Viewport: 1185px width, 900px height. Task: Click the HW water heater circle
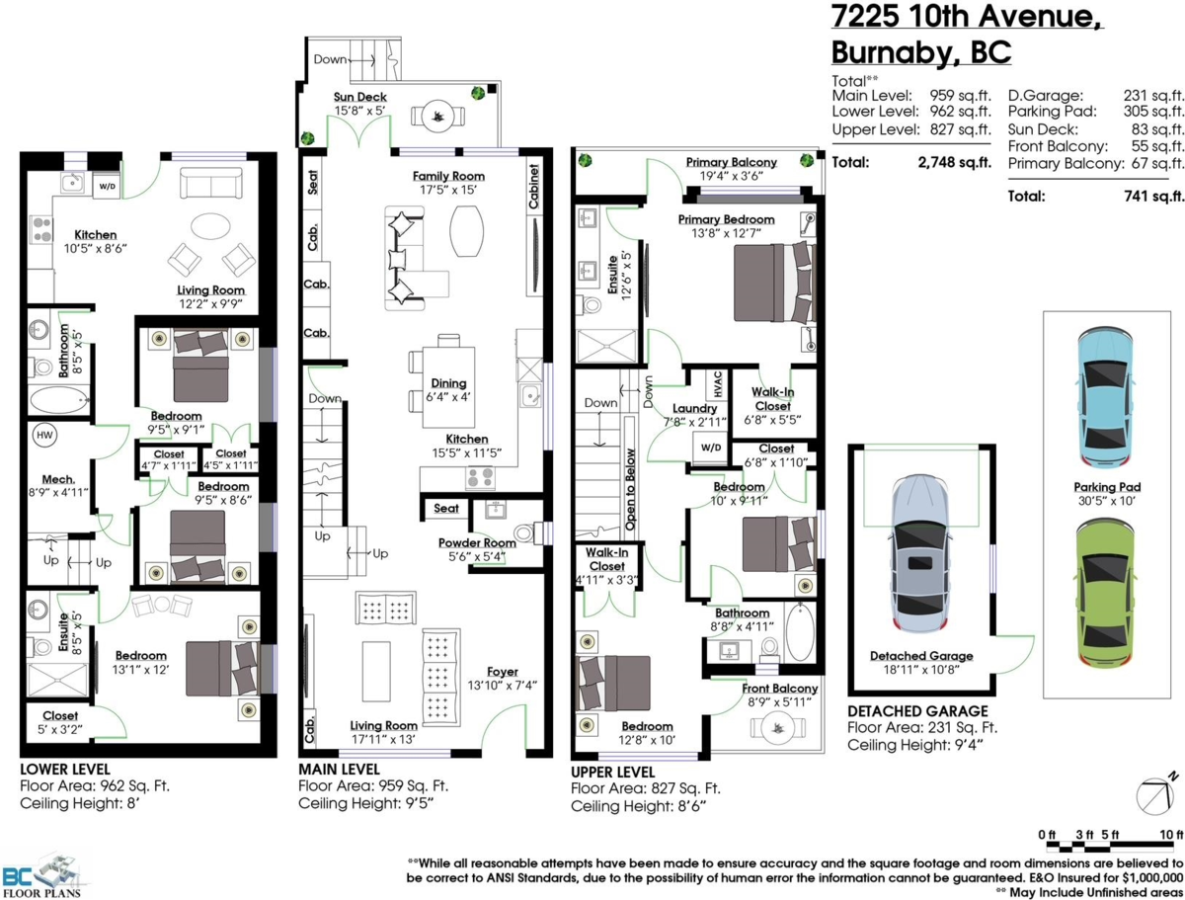44,435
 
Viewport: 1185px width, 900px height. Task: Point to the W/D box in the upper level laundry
710,447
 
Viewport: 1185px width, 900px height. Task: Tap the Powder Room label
477,542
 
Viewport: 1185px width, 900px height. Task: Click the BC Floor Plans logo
43,873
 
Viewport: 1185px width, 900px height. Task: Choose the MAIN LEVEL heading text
339,768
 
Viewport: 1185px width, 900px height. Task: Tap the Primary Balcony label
731,162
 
